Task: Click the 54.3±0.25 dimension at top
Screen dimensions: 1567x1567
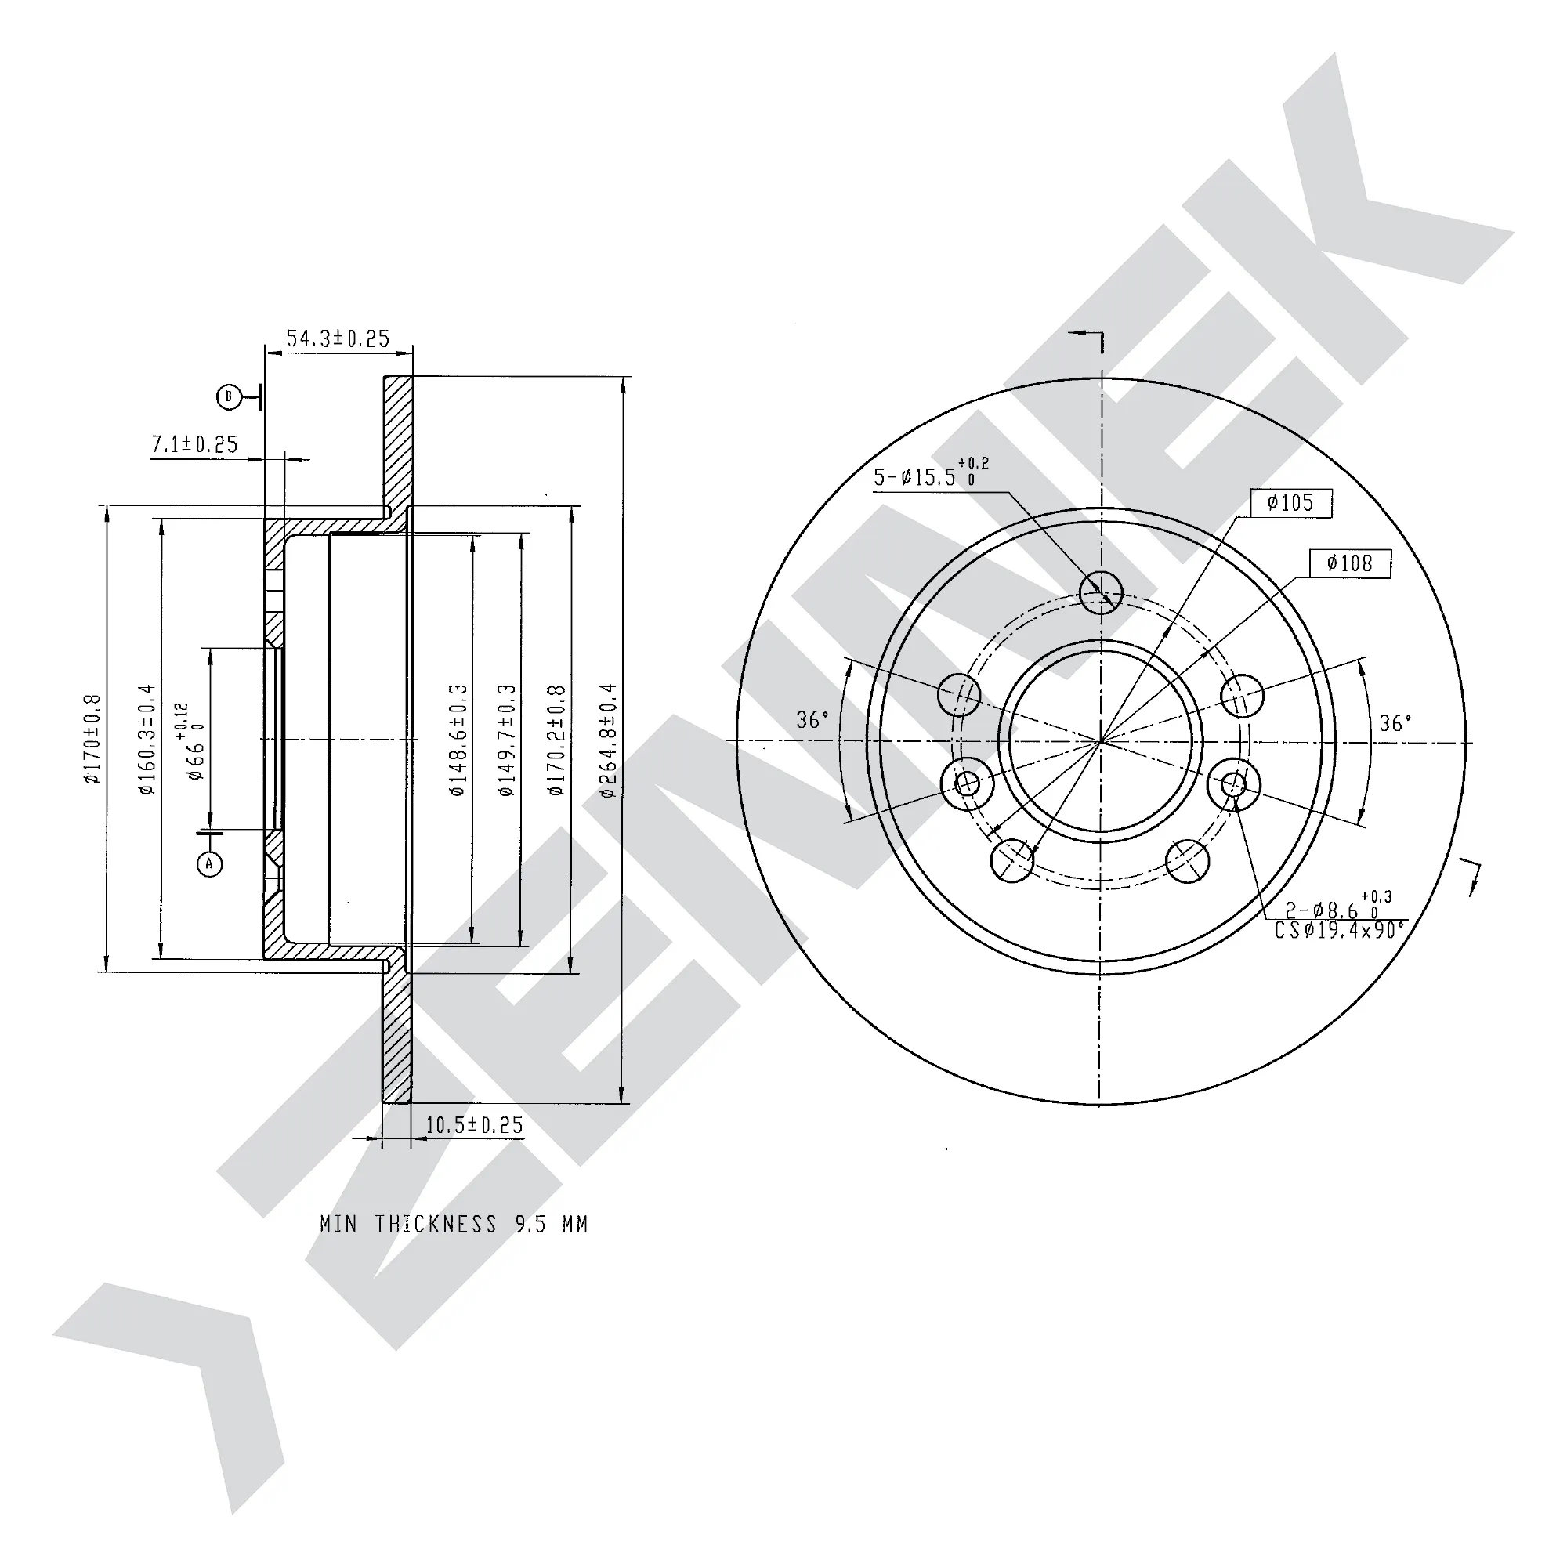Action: [x=338, y=338]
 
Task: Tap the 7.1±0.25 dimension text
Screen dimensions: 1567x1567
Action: [x=194, y=444]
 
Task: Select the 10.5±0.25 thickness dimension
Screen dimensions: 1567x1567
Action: [x=475, y=1125]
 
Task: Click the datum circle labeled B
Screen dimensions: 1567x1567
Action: [x=229, y=396]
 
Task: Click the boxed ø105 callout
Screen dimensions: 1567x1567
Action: [x=1291, y=503]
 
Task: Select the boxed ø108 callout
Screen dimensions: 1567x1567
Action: [x=1351, y=563]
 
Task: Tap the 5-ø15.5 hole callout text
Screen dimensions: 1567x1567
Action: [x=931, y=474]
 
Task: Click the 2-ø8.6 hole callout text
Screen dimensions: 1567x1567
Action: [x=1337, y=906]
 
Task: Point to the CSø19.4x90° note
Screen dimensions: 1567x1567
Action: [x=1339, y=930]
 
